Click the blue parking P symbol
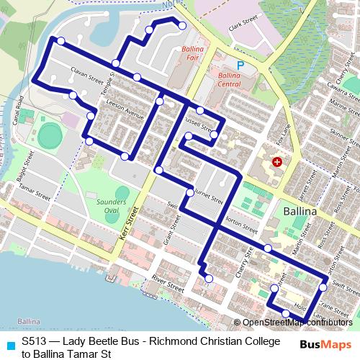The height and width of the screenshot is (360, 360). click(x=241, y=66)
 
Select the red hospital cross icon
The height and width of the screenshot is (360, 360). click(x=277, y=163)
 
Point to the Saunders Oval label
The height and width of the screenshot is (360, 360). click(x=107, y=206)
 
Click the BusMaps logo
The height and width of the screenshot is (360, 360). click(x=326, y=344)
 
